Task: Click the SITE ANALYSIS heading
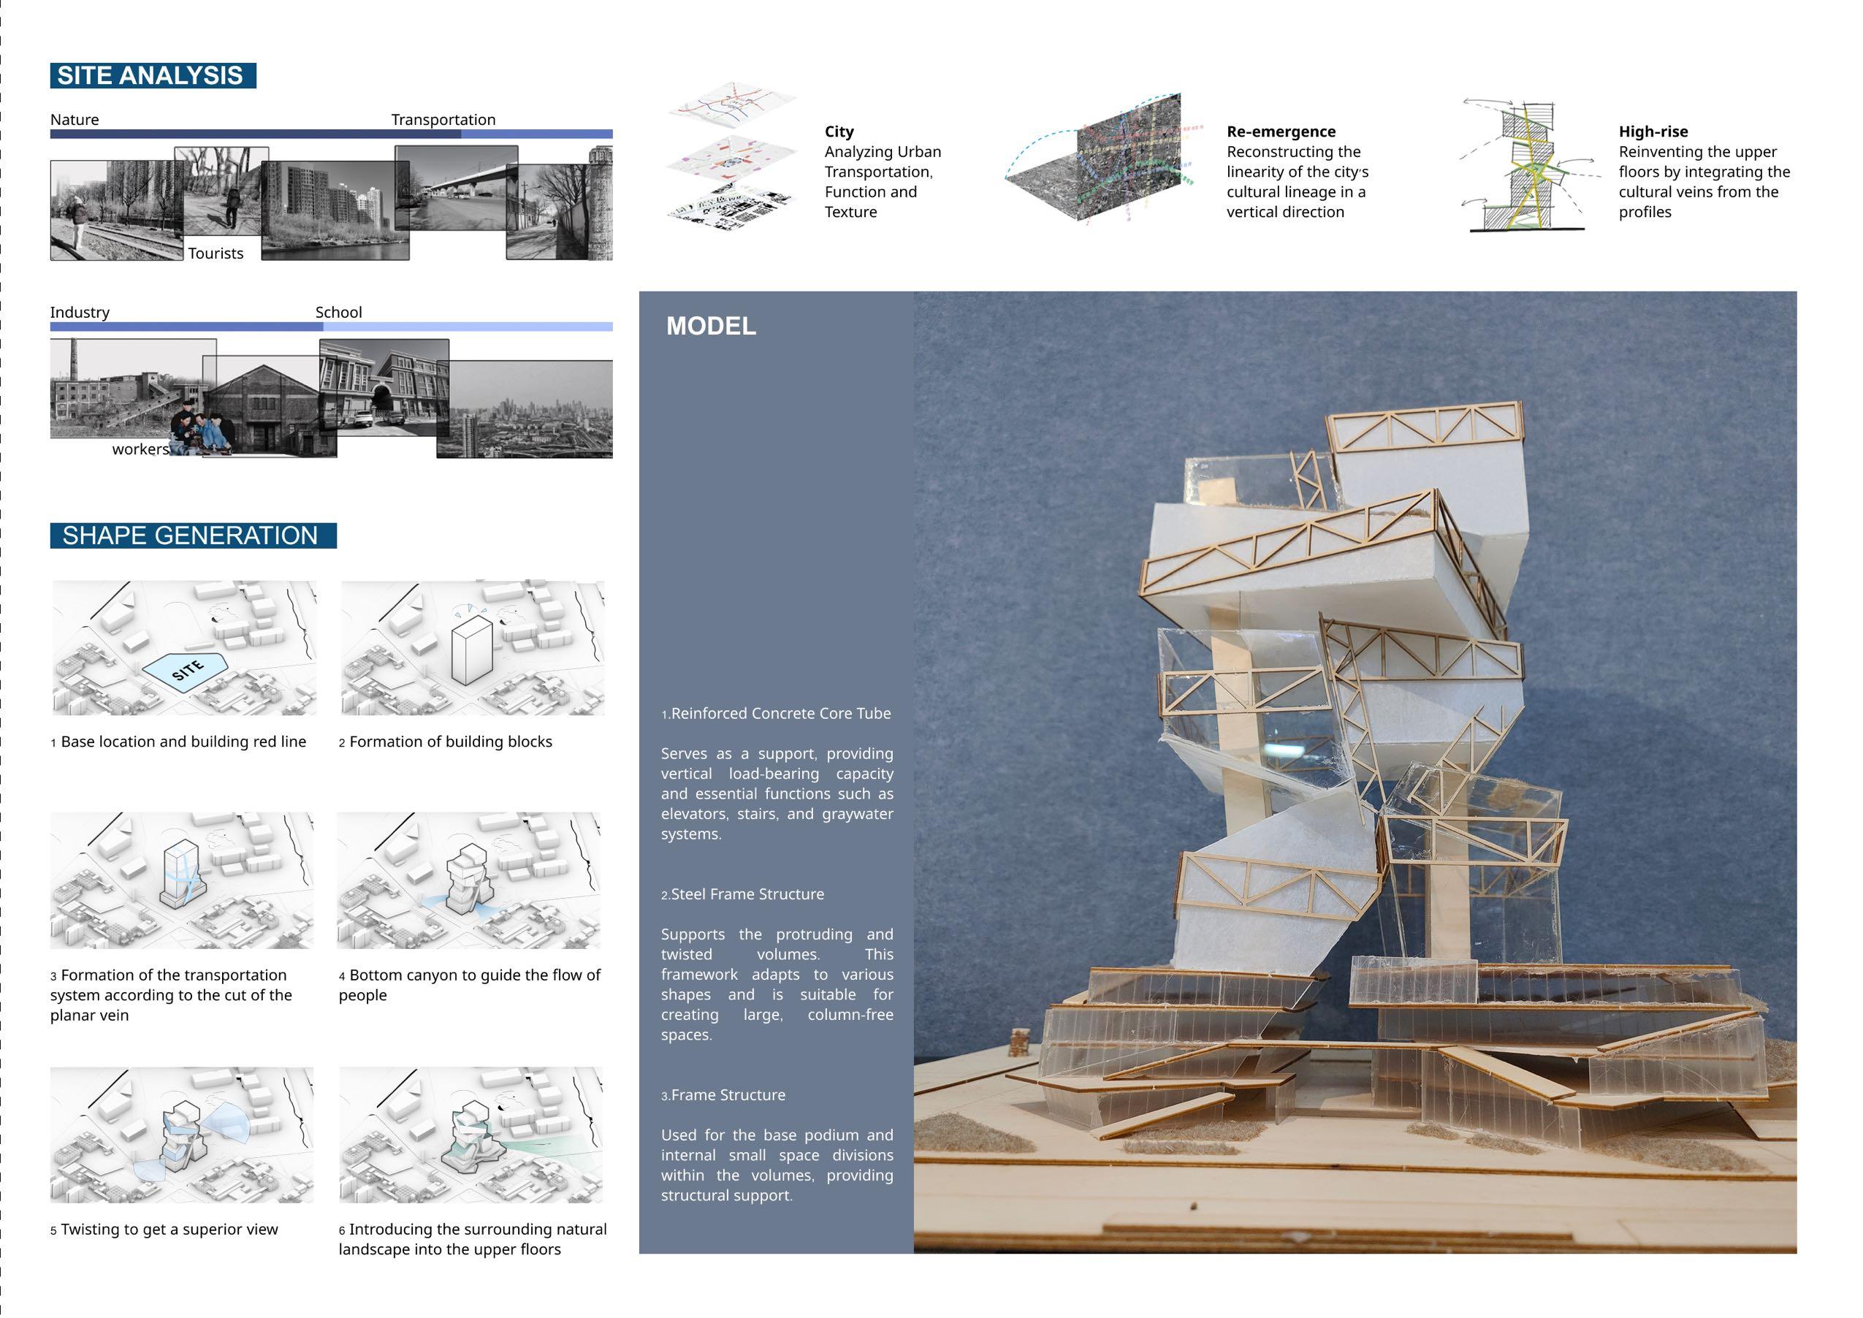pos(153,75)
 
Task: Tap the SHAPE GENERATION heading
pos(192,536)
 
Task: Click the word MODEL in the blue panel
pos(711,327)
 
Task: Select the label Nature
pos(75,119)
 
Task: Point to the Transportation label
pos(443,119)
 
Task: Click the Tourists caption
pos(216,254)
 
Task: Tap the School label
pos(338,313)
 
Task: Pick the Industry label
pos(80,313)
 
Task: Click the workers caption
pos(140,449)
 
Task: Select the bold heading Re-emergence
pos(1281,132)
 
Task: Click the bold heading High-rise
pos(1653,132)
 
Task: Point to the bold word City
pos(839,132)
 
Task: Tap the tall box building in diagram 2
pos(470,651)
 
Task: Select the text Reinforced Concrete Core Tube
pos(780,713)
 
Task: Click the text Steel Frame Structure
pos(747,894)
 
